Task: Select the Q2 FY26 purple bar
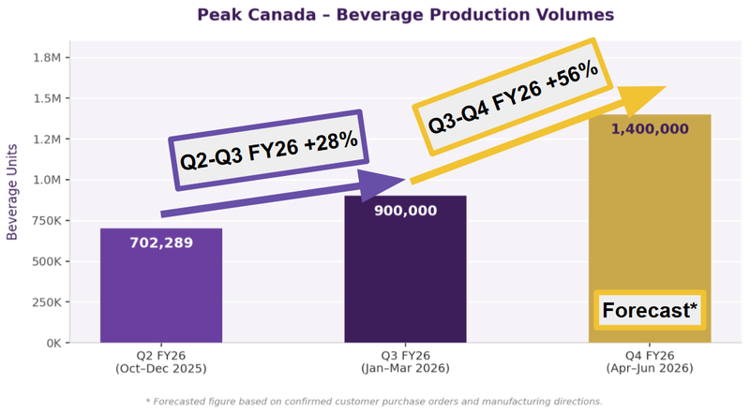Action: click(x=161, y=290)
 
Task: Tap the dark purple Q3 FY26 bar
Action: click(x=405, y=281)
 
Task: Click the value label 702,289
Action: click(x=161, y=243)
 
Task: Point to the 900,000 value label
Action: click(x=405, y=210)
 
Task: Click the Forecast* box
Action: click(x=651, y=310)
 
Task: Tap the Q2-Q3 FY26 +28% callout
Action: click(x=266, y=149)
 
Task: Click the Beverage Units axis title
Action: click(x=13, y=192)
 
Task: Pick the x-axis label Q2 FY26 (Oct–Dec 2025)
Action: click(x=161, y=362)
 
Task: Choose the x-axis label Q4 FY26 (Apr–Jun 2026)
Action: click(x=649, y=362)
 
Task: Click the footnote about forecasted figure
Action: click(x=374, y=401)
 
